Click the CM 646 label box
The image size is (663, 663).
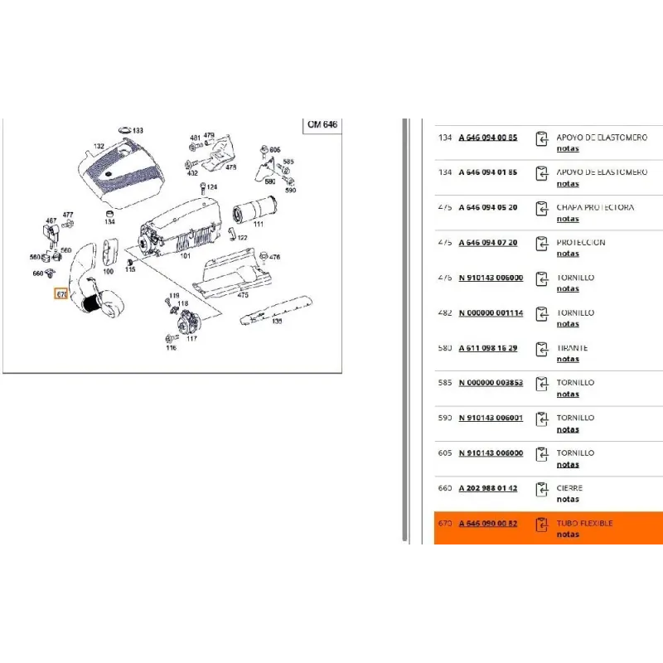pyautogui.click(x=322, y=124)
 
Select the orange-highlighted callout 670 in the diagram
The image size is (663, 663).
pyautogui.click(x=60, y=293)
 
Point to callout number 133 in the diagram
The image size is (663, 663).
pyautogui.click(x=138, y=131)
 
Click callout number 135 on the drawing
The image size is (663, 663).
pyautogui.click(x=277, y=321)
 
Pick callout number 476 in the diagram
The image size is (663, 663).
pyautogui.click(x=275, y=258)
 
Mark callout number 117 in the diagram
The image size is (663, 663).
pyautogui.click(x=191, y=338)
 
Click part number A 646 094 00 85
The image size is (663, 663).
pyautogui.click(x=487, y=138)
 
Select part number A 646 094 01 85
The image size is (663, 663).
pyautogui.click(x=487, y=172)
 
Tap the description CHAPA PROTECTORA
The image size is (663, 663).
pyautogui.click(x=595, y=207)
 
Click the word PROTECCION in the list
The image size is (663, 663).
pyautogui.click(x=581, y=243)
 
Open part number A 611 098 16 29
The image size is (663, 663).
pyautogui.click(x=487, y=348)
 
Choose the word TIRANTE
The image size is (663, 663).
pyautogui.click(x=573, y=348)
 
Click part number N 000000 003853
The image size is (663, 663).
pyautogui.click(x=491, y=383)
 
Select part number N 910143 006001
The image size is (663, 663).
pyautogui.click(x=491, y=418)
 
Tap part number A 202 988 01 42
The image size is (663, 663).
pyautogui.click(x=487, y=488)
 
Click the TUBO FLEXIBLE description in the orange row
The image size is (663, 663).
pyautogui.click(x=585, y=523)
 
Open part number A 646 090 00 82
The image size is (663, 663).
pyautogui.click(x=487, y=523)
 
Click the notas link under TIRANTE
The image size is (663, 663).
pyautogui.click(x=568, y=359)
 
